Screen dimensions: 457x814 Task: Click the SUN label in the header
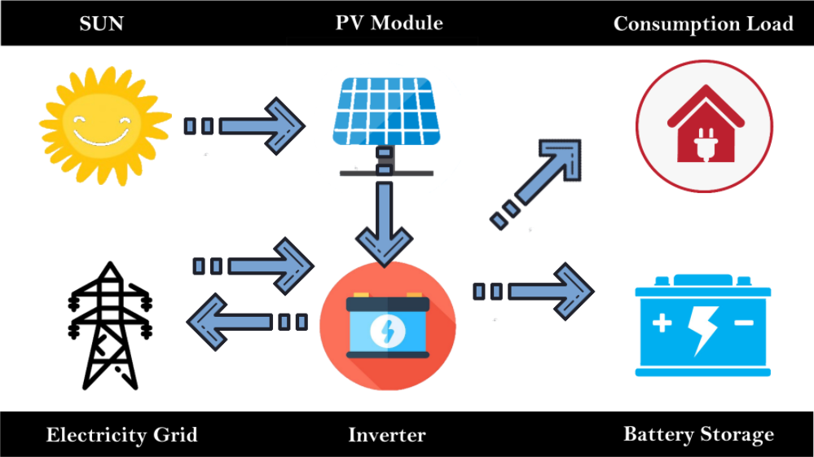pyautogui.click(x=101, y=23)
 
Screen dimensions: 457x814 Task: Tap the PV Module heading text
pyautogui.click(x=389, y=22)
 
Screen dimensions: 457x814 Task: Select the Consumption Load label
pyautogui.click(x=702, y=24)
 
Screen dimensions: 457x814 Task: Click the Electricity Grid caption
pyautogui.click(x=121, y=434)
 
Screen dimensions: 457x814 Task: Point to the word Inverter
pyautogui.click(x=386, y=435)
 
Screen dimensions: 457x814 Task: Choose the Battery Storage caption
pyautogui.click(x=698, y=434)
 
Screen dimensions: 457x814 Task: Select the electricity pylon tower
pyautogui.click(x=108, y=326)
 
